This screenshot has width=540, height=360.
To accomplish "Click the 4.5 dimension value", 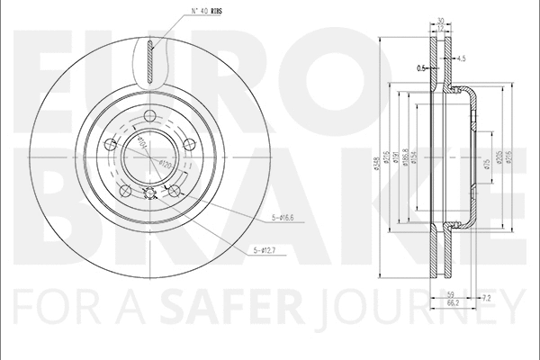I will (461, 58).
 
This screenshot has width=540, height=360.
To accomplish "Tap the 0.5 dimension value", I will (419, 67).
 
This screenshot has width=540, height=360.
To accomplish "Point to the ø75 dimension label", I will (486, 162).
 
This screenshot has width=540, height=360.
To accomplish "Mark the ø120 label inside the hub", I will (165, 163).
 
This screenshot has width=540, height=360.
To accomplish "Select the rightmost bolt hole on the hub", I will (187, 147).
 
